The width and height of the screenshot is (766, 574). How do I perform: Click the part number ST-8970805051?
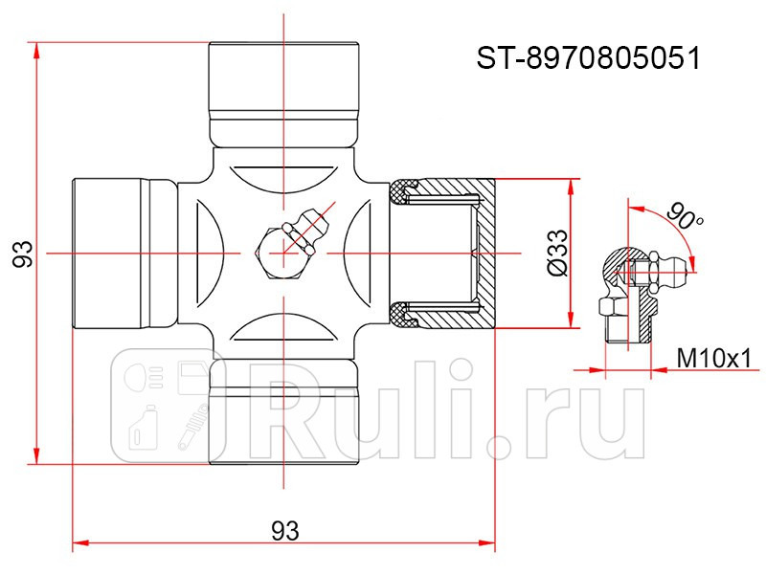point(589,58)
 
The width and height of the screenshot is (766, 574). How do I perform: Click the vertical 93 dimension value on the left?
point(22,254)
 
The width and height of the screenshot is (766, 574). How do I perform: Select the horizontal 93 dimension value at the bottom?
point(285,531)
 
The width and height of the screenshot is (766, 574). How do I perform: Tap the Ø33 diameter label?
point(557,254)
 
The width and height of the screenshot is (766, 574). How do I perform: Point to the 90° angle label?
point(685,215)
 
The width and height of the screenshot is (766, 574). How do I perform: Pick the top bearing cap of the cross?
point(283,95)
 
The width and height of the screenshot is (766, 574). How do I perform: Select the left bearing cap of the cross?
point(125,254)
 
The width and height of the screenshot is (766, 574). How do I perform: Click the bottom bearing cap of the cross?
point(283,411)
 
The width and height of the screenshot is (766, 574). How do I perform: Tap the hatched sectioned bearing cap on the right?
point(442,254)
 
